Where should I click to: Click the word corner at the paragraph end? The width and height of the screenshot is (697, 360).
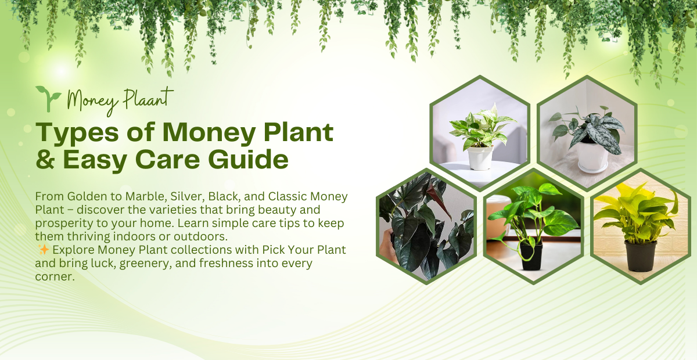[54, 277]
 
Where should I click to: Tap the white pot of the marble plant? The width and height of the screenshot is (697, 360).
[480, 157]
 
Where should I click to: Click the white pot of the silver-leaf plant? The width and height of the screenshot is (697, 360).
[593, 156]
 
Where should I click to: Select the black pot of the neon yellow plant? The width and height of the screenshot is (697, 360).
[641, 256]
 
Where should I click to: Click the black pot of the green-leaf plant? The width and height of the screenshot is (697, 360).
[531, 256]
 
